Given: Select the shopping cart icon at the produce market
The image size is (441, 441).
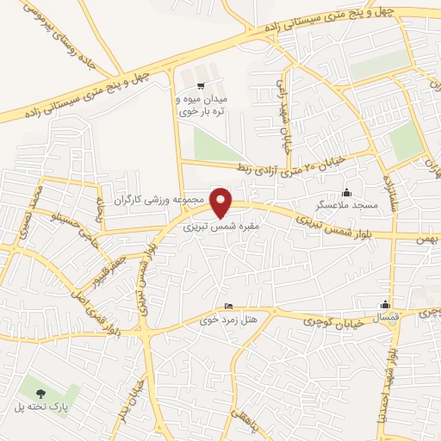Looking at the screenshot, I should (201, 85).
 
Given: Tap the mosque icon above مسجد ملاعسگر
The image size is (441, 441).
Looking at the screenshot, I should (346, 192).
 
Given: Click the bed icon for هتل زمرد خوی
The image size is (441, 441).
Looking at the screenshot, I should (227, 307).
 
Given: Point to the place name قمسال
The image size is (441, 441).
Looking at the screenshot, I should (385, 318).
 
